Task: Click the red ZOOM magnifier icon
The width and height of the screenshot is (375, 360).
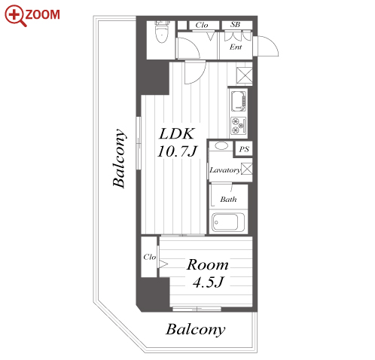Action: click(x=16, y=16)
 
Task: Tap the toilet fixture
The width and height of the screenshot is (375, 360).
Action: click(x=161, y=32)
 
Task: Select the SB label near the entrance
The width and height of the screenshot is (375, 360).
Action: click(x=235, y=25)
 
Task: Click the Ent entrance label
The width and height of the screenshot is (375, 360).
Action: click(x=236, y=47)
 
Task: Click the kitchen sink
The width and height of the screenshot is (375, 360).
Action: click(x=239, y=102)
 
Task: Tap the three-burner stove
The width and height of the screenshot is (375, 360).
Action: click(x=239, y=126)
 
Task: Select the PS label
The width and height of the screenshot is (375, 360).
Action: click(x=244, y=149)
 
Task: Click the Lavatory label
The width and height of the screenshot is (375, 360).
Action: click(x=225, y=170)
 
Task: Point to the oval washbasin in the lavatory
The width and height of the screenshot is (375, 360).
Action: click(x=221, y=146)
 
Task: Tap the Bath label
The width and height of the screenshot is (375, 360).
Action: click(x=228, y=200)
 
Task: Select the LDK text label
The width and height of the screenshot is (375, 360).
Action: click(x=177, y=133)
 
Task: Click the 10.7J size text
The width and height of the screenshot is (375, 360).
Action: click(x=178, y=151)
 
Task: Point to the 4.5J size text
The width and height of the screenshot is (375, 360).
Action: click(x=208, y=282)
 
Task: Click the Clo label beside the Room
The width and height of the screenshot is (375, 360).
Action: click(x=150, y=257)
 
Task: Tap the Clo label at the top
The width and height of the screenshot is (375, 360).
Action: click(x=202, y=25)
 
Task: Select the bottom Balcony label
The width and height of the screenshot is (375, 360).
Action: click(x=195, y=330)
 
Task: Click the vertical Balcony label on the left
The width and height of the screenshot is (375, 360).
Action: click(x=119, y=158)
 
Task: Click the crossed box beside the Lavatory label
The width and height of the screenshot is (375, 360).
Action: click(x=247, y=169)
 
